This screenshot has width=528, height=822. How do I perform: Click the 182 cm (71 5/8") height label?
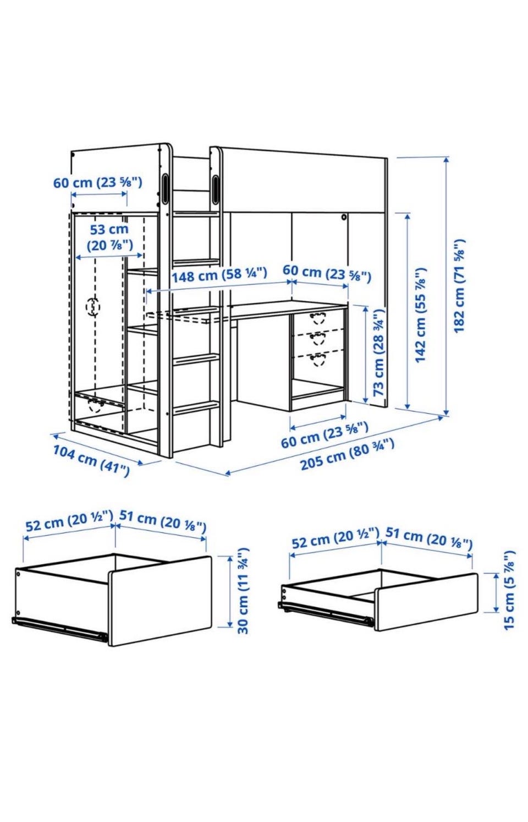coord(459,286)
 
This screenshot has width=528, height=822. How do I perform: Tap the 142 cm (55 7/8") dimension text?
coord(421,315)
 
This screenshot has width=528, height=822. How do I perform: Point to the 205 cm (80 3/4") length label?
coord(347,454)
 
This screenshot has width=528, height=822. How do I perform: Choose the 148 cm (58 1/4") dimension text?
coord(219,275)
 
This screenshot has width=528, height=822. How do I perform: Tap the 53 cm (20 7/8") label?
coord(109,237)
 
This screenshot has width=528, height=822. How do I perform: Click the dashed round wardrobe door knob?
coord(93,306)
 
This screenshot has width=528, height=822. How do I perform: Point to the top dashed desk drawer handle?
coord(317,318)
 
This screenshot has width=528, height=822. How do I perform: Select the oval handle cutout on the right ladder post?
coord(215,189)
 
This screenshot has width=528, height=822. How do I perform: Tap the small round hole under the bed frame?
coord(344,217)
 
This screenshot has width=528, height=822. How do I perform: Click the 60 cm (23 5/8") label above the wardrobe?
coord(97,182)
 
